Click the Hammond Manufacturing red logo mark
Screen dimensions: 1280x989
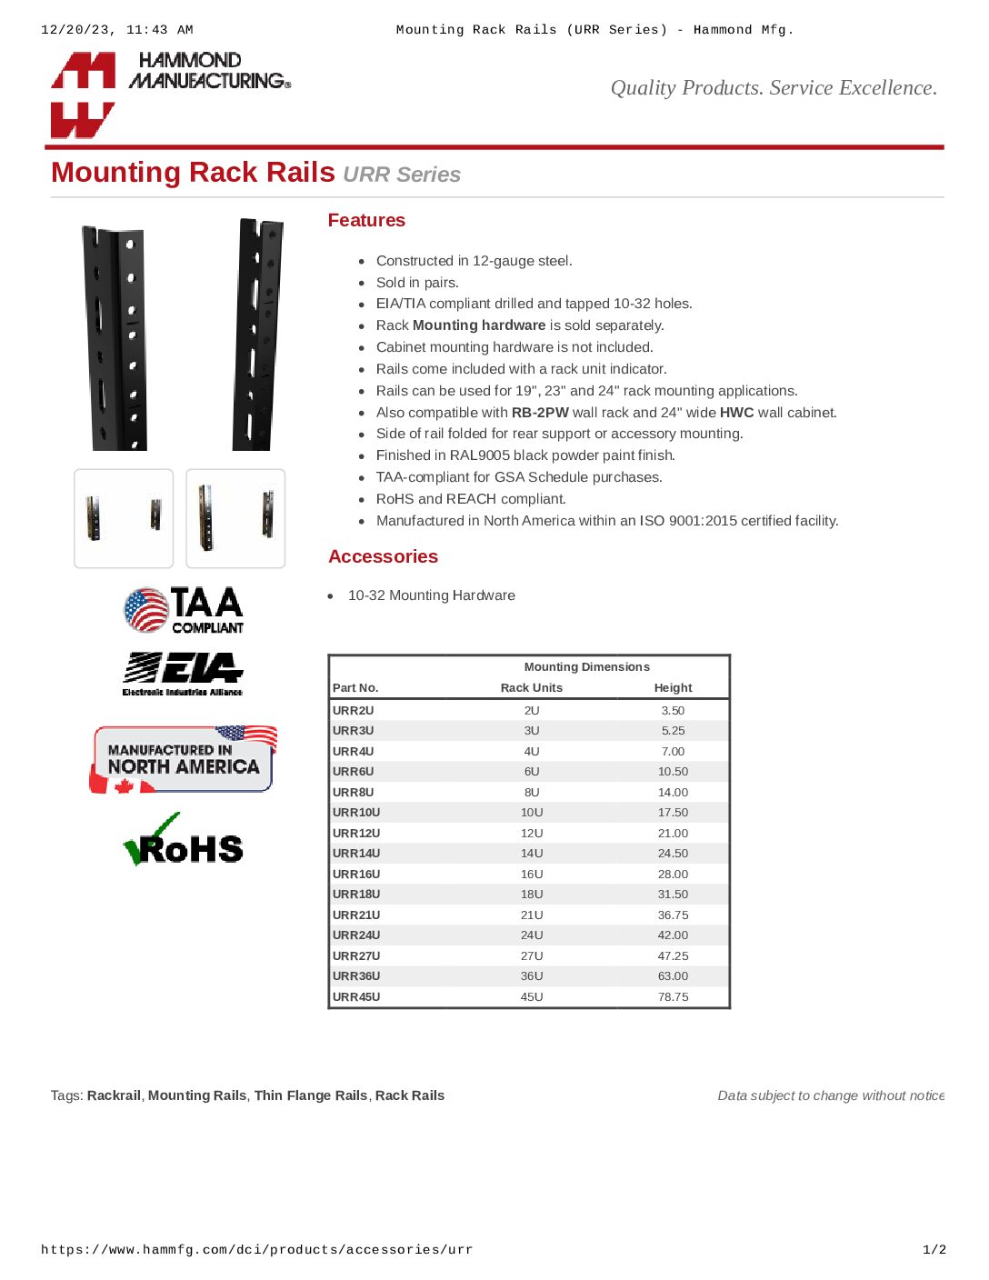(x=83, y=95)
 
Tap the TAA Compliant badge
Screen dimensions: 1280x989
(x=184, y=609)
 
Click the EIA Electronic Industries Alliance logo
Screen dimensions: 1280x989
(x=183, y=674)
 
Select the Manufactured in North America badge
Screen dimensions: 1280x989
(x=183, y=759)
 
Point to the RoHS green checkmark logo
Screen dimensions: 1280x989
(x=183, y=840)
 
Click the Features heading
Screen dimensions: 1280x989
(x=366, y=221)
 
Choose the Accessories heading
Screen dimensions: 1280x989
(x=383, y=556)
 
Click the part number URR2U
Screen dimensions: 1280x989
(x=354, y=711)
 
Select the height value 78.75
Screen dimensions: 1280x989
(x=673, y=997)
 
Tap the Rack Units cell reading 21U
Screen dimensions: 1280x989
(x=532, y=915)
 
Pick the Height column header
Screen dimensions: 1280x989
(x=673, y=688)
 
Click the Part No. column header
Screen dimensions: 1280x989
(x=355, y=688)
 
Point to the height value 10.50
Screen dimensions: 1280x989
(x=673, y=772)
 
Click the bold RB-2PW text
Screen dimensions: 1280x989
(x=540, y=413)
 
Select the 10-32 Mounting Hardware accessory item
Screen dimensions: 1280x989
(x=432, y=595)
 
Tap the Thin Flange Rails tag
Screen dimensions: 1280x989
(x=311, y=1095)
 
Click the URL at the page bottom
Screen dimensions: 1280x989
(x=256, y=1250)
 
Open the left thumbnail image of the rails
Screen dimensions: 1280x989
(x=124, y=518)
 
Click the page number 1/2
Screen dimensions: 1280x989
(x=934, y=1250)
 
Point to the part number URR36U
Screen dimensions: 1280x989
(x=356, y=976)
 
